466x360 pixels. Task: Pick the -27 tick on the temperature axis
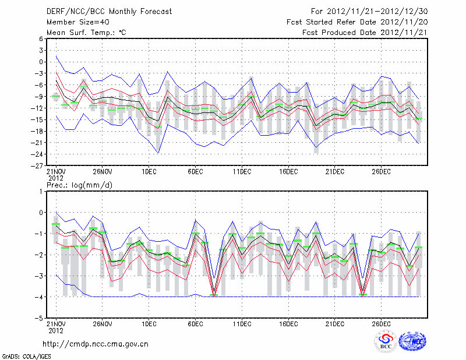(x=38, y=165)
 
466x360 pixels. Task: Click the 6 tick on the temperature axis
(x=41, y=38)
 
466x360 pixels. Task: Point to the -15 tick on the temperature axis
(x=38, y=119)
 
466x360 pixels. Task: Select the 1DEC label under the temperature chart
(x=149, y=171)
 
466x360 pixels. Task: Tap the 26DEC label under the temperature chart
(x=381, y=171)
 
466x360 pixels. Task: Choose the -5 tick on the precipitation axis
(x=40, y=319)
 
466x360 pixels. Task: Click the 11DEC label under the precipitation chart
(x=242, y=324)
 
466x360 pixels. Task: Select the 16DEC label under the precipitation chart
(x=288, y=324)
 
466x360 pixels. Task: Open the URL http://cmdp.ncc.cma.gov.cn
(x=96, y=344)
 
